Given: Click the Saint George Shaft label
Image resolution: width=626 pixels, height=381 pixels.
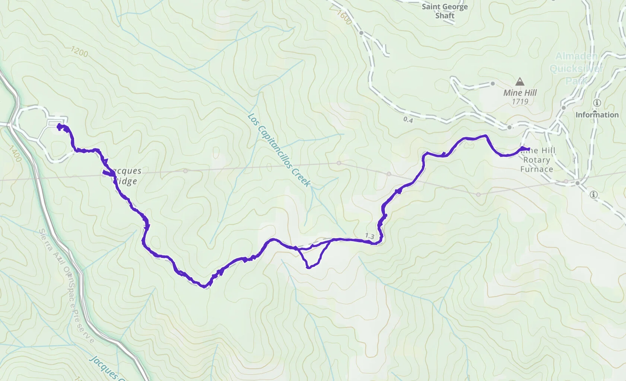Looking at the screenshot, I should pyautogui.click(x=445, y=11).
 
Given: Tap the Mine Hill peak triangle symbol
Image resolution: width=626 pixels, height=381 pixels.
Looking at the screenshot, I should pyautogui.click(x=520, y=81).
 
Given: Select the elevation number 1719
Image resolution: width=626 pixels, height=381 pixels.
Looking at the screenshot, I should pyautogui.click(x=520, y=102).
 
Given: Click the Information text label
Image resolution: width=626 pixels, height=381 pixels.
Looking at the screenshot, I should pyautogui.click(x=597, y=115).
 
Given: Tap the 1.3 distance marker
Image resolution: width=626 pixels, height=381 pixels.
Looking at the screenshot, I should pyautogui.click(x=369, y=236).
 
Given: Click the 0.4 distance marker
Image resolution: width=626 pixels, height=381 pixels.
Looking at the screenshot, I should pyautogui.click(x=408, y=120).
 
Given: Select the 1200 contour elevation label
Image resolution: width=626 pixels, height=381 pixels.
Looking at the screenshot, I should pyautogui.click(x=79, y=52).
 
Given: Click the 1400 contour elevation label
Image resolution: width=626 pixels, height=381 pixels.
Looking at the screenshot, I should pyautogui.click(x=15, y=154).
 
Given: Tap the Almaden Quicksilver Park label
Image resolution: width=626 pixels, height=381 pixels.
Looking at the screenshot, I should pyautogui.click(x=576, y=68).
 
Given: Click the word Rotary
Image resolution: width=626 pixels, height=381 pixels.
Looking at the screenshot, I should pyautogui.click(x=536, y=160).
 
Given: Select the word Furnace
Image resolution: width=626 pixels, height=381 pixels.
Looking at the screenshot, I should pyautogui.click(x=536, y=169).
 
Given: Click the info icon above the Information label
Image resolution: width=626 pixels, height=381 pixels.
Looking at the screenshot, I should pyautogui.click(x=597, y=103).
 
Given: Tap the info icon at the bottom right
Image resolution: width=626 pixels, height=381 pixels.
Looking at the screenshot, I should pyautogui.click(x=594, y=195).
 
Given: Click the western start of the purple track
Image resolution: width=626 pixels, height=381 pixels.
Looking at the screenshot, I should pyautogui.click(x=59, y=127).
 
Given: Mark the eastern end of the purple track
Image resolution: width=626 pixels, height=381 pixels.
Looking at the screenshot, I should pyautogui.click(x=529, y=149).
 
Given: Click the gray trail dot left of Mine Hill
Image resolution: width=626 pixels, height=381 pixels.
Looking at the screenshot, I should pyautogui.click(x=493, y=84).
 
